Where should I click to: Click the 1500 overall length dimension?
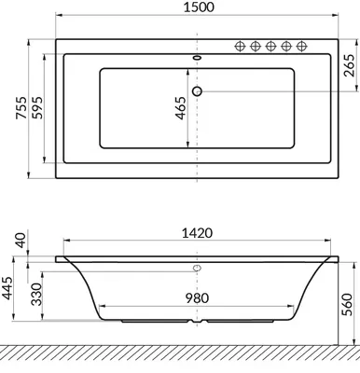click(x=199, y=7)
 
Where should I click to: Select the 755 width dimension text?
click(x=21, y=108)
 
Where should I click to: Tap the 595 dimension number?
click(x=37, y=108)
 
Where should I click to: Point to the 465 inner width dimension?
click(x=181, y=108)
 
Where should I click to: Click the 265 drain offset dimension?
click(x=350, y=65)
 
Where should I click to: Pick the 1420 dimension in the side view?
click(x=197, y=233)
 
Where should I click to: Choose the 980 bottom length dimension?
click(x=197, y=298)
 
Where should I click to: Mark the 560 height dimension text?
click(x=347, y=304)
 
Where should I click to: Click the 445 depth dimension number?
click(x=7, y=288)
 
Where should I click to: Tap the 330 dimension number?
click(x=36, y=294)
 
